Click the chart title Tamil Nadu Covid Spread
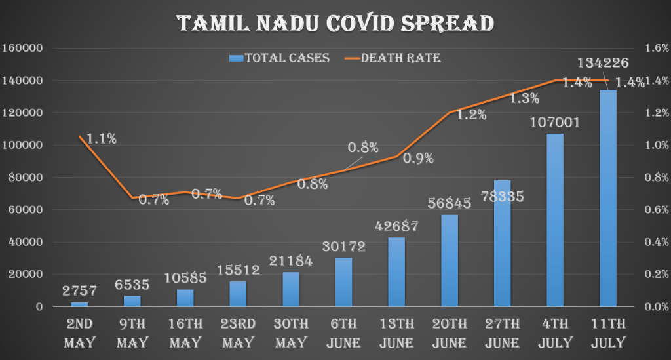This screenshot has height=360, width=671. [335, 23]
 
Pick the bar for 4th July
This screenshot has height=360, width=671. [555, 220]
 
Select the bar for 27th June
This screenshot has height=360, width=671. [502, 243]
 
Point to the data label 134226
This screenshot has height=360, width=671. [604, 63]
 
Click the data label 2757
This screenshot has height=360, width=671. [79, 290]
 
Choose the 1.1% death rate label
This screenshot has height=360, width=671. [102, 138]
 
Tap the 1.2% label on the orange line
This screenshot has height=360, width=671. [471, 115]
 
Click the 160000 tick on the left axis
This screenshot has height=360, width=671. [22, 48]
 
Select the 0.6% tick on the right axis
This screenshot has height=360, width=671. [655, 210]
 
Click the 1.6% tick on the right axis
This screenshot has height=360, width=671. [655, 48]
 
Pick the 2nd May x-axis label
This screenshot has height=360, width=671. [79, 333]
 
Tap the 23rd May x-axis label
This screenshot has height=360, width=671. [237, 333]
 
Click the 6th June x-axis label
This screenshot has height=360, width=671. [343, 333]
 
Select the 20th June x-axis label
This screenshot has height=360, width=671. [450, 333]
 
